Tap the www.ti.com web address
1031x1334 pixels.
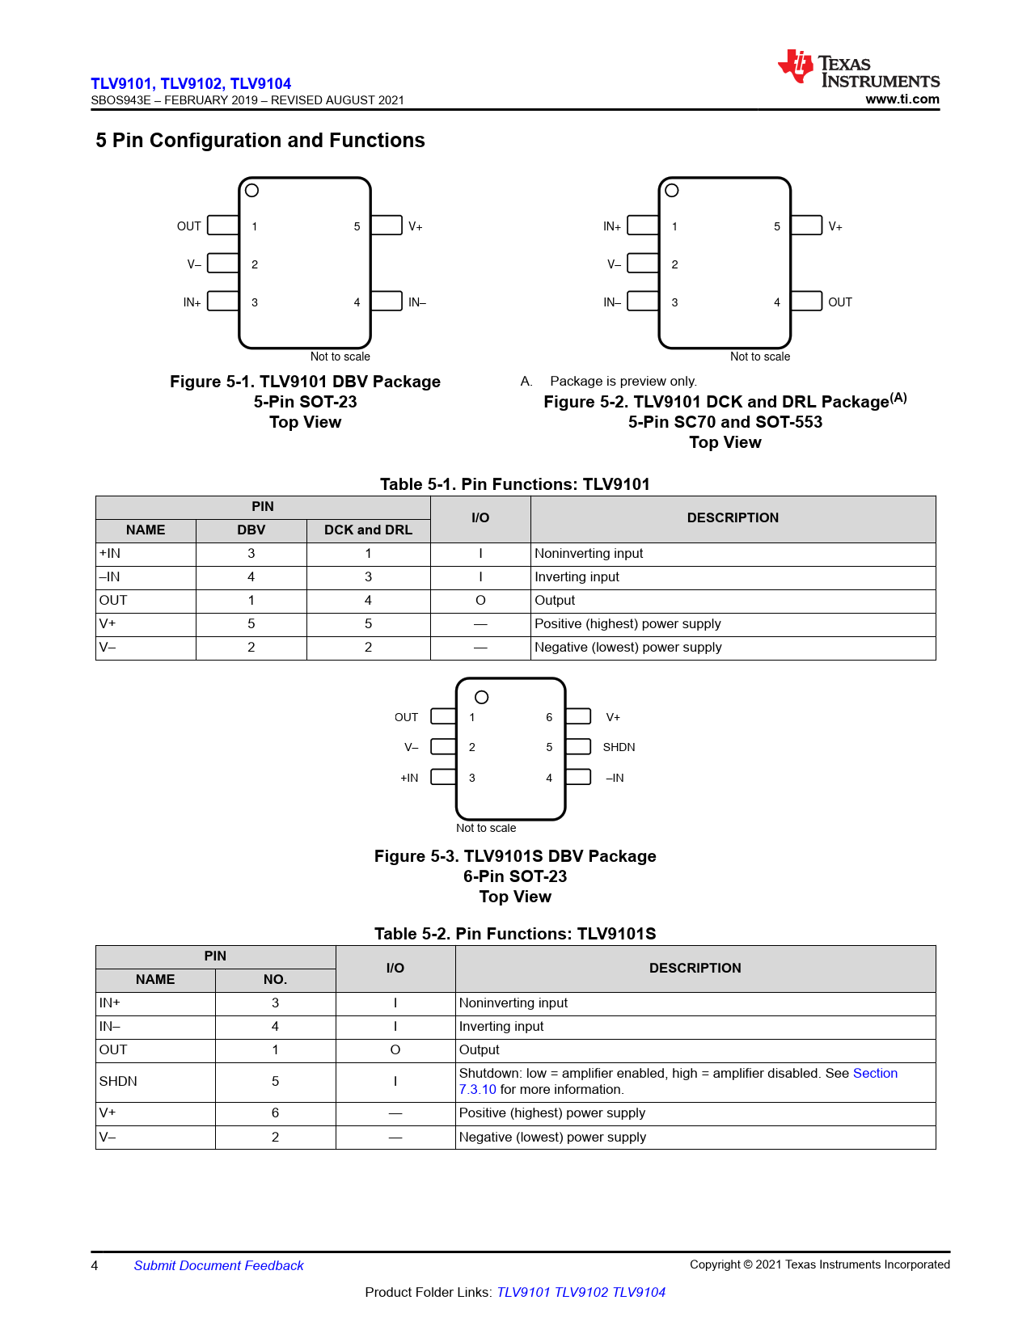pos(902,99)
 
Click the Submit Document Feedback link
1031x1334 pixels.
pos(218,1265)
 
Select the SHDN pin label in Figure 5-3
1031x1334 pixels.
pos(619,747)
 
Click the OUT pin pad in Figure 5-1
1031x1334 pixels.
pos(222,226)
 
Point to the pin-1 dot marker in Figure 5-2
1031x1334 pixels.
pos(671,191)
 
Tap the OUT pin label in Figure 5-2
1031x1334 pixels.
pos(839,302)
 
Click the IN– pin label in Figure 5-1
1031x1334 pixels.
pos(416,302)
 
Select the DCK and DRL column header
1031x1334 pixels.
pos(368,530)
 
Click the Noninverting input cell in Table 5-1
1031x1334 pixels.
pos(589,553)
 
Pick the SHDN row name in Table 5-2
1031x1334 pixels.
pos(118,1081)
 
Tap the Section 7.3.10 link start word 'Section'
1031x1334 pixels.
pos(875,1073)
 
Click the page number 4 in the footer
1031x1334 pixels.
pos(95,1265)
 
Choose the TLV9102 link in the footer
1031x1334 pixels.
pos(581,1292)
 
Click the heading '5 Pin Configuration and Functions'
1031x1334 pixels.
pos(260,141)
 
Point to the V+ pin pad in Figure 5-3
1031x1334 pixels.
pos(577,716)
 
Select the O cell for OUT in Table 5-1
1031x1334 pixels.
pos(480,600)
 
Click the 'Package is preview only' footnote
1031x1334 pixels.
pos(623,381)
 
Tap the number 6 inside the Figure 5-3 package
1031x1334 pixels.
pos(549,717)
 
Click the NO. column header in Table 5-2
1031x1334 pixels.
pos(275,979)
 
